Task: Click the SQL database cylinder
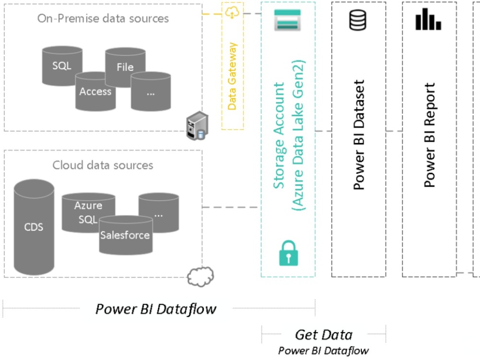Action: [x=61, y=66]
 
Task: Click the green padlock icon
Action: [x=288, y=253]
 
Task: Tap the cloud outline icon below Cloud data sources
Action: [x=200, y=276]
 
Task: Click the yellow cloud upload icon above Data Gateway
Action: [x=232, y=13]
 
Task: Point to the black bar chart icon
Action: [x=428, y=20]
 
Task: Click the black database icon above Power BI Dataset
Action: [x=358, y=21]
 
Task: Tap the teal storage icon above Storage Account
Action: [x=288, y=20]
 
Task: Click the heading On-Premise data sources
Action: [x=103, y=19]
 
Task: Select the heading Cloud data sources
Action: [x=103, y=165]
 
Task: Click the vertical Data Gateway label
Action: [x=232, y=76]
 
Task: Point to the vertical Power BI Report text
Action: [x=430, y=134]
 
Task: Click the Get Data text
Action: [x=324, y=335]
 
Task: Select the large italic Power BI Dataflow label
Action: [x=156, y=309]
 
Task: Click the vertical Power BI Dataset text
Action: [x=359, y=134]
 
